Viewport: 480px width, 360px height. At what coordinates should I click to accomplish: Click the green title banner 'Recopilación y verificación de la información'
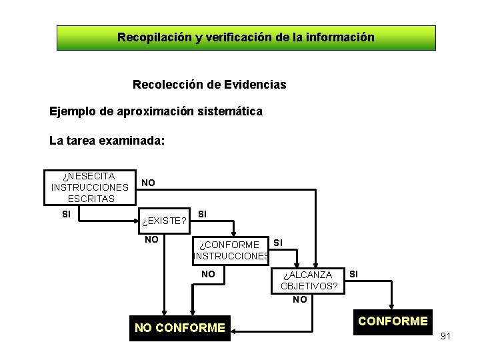point(245,38)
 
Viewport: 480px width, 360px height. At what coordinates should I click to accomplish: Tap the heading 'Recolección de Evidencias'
point(209,85)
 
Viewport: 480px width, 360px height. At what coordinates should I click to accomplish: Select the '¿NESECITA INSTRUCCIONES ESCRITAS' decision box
point(89,187)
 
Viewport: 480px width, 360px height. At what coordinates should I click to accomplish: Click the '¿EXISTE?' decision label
point(164,221)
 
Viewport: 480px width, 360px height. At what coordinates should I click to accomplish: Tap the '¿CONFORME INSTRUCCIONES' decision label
point(231,251)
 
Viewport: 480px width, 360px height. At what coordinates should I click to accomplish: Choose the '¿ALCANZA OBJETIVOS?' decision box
point(307,281)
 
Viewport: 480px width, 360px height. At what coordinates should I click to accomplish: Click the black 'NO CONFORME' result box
point(180,327)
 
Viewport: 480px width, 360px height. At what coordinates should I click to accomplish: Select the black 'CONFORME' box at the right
point(393,321)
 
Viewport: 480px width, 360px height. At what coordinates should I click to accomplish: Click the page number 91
point(445,336)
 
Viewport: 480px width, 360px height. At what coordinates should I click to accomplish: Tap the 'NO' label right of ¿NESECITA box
point(149,182)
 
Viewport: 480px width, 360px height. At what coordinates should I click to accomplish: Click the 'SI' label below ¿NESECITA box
point(67,214)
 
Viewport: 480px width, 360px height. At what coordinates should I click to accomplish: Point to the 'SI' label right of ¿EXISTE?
point(203,214)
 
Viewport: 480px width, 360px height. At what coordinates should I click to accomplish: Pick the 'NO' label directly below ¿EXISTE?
point(152,239)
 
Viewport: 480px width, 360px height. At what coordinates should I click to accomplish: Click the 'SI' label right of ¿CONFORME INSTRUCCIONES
point(278,243)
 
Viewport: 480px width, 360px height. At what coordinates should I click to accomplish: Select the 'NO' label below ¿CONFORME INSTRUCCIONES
point(209,273)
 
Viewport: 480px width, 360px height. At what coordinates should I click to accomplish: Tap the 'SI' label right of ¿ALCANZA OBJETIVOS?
point(354,273)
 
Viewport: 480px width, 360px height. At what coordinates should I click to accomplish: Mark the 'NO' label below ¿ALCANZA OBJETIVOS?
point(300,299)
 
